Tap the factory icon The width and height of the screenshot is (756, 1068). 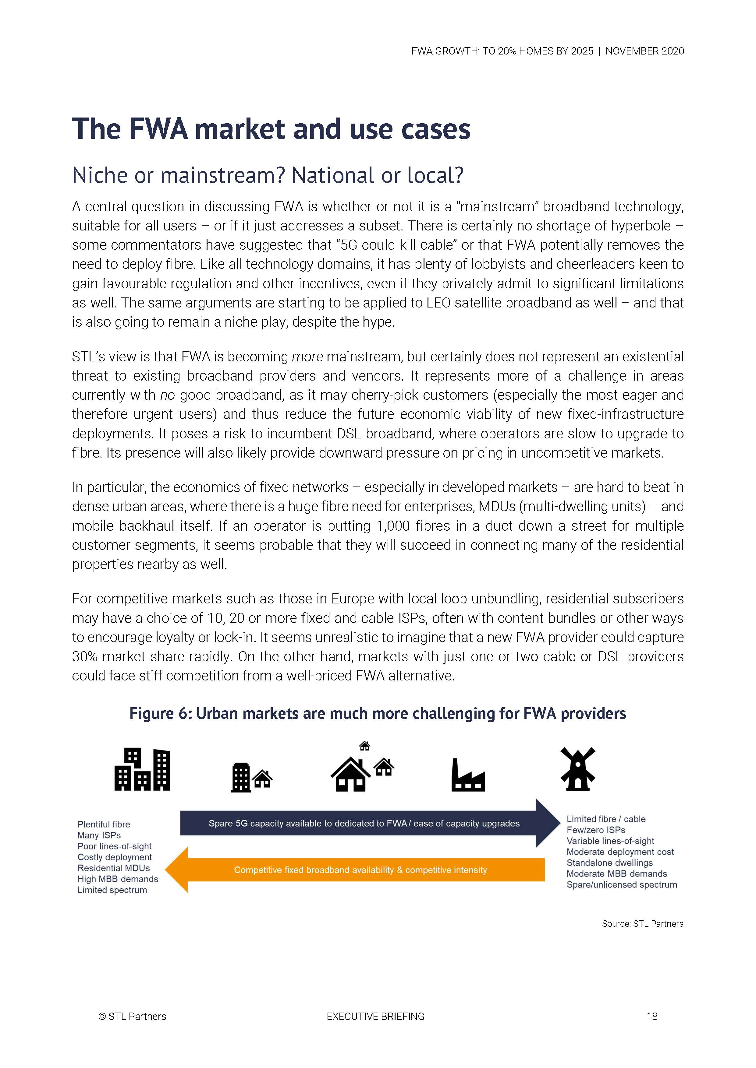click(468, 775)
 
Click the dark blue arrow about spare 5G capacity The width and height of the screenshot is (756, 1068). click(364, 823)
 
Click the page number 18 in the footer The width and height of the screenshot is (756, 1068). click(652, 1016)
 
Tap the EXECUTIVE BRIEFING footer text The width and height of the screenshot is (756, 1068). click(375, 1016)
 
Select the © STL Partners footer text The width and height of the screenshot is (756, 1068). click(132, 1016)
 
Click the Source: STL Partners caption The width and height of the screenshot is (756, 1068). click(642, 923)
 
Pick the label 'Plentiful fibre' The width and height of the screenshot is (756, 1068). click(104, 824)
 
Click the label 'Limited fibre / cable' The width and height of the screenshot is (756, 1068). click(606, 819)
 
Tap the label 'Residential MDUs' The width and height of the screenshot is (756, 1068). click(114, 868)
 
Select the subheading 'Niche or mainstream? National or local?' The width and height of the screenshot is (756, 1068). click(268, 175)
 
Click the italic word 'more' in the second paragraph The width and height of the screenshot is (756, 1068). click(307, 357)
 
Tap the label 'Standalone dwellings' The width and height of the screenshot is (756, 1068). click(609, 862)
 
